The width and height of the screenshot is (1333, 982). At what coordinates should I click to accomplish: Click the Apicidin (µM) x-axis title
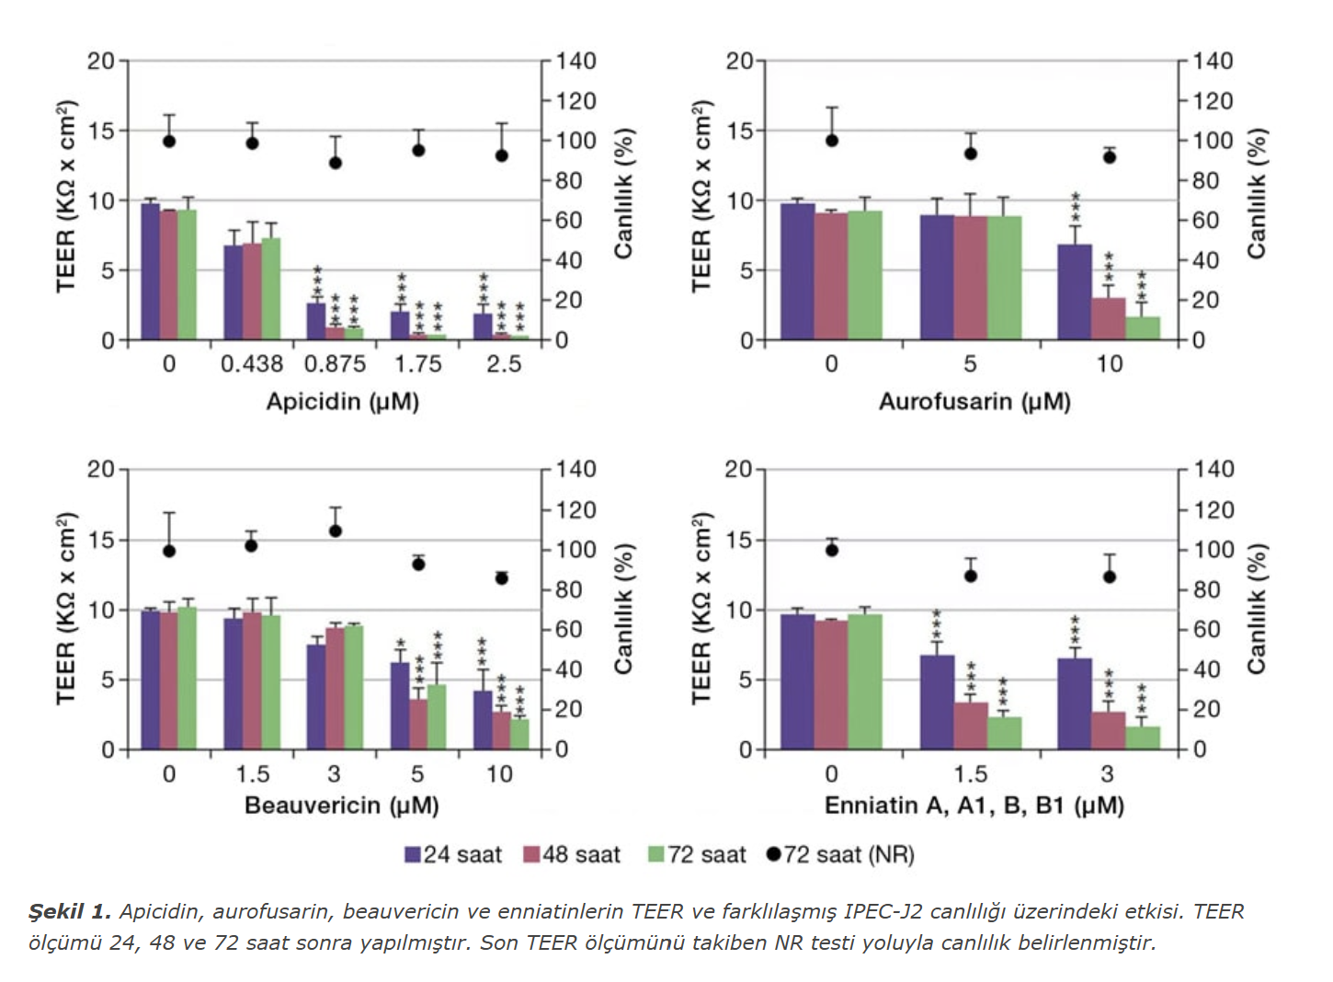coord(342,402)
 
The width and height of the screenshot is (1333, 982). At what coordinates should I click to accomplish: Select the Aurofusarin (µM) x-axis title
coord(974,402)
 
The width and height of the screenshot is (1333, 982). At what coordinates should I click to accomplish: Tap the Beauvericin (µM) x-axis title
coord(341,805)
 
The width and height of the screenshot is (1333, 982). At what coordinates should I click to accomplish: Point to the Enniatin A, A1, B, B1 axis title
coord(974,805)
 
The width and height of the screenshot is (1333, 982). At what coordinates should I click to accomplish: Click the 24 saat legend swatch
coord(413,855)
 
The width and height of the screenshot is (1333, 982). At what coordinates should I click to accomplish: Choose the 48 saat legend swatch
coord(531,855)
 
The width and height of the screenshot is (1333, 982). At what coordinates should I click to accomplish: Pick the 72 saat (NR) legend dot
coord(773,854)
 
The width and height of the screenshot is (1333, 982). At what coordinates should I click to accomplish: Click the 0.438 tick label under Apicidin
coord(252,364)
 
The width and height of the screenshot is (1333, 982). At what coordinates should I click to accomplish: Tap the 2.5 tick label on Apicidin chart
coord(504,364)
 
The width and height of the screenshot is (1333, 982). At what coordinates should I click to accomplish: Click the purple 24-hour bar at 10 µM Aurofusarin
coord(1075,292)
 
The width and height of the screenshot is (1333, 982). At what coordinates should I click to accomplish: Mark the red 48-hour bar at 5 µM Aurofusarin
coord(970,278)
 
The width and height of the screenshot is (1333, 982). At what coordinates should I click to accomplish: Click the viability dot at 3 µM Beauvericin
coord(336,531)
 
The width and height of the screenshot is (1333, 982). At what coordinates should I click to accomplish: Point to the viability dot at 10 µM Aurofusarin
coord(1110,157)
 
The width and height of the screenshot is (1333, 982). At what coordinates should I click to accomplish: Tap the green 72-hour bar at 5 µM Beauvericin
coord(437,716)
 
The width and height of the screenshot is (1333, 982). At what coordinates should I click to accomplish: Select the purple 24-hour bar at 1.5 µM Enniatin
coord(937,702)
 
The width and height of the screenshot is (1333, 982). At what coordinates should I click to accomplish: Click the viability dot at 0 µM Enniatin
coord(832,550)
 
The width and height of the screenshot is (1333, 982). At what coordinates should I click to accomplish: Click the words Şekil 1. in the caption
coord(70,911)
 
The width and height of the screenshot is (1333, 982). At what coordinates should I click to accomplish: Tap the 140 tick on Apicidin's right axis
coord(575,61)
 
